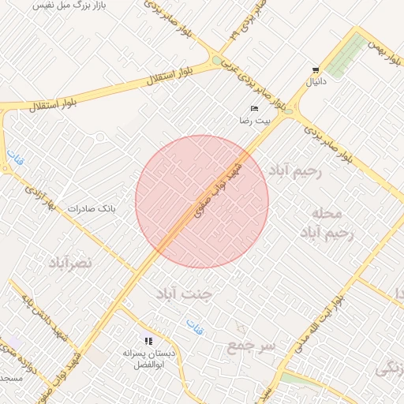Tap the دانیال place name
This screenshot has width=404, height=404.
click(316, 81)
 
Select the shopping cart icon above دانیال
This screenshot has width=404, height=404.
click(316, 70)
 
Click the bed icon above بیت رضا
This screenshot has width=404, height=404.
click(254, 108)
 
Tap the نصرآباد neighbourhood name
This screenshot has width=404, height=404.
click(70, 261)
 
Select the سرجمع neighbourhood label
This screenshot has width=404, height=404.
click(252, 346)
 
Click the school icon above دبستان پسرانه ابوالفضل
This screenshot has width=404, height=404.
click(148, 342)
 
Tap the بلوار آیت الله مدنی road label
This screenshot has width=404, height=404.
click(320, 324)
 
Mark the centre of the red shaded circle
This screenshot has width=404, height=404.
click(202, 201)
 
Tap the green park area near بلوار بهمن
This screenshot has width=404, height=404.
click(347, 55)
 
